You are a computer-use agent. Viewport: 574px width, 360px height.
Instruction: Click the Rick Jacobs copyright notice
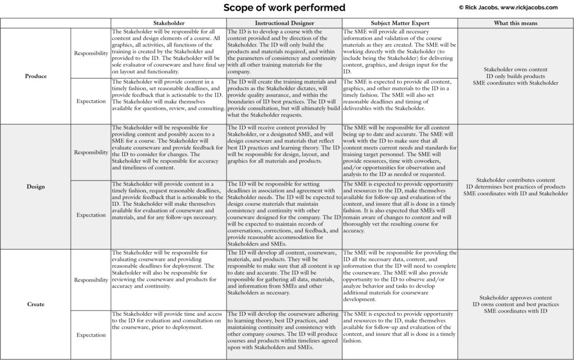coord(508,8)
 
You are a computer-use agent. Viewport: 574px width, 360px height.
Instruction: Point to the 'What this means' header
coord(515,23)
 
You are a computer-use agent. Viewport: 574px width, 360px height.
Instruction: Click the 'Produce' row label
coord(36,76)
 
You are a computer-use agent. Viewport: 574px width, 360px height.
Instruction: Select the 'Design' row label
coord(36,187)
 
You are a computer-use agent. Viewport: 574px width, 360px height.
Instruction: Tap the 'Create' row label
coord(36,304)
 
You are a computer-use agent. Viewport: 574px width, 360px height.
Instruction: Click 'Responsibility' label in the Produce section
coord(91,53)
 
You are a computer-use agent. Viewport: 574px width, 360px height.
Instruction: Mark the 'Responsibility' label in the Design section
coord(91,152)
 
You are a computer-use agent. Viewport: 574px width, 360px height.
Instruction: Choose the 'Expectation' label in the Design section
coord(91,214)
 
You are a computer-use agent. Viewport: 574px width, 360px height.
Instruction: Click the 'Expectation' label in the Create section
coord(91,335)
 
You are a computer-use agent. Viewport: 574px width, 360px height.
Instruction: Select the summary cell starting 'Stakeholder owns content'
coord(515,76)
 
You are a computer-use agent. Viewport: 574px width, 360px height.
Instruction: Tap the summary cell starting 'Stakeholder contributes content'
coord(515,187)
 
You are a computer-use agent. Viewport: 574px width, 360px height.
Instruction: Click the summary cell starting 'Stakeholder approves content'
coord(515,304)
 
